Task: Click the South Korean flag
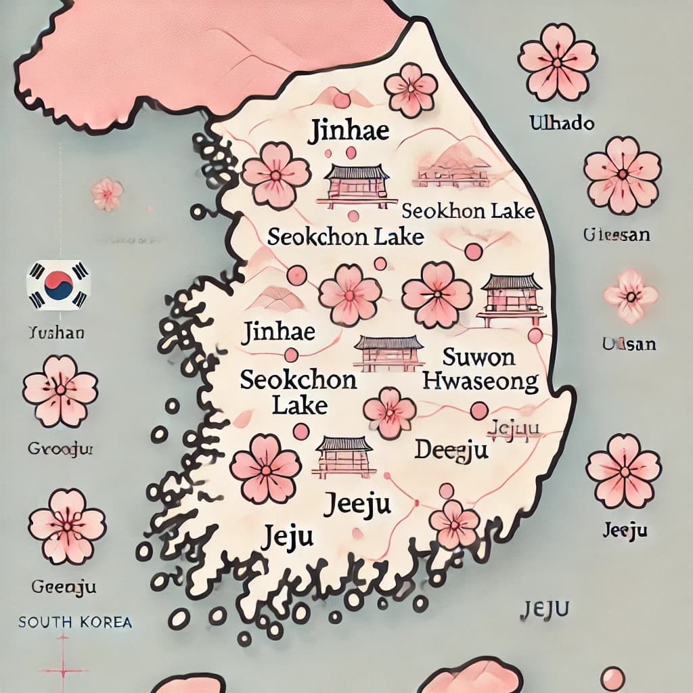pyautogui.click(x=58, y=286)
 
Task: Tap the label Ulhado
pyautogui.click(x=562, y=123)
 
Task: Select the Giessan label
pyautogui.click(x=616, y=235)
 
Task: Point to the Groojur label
pyautogui.click(x=61, y=448)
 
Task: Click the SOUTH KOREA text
pyautogui.click(x=75, y=622)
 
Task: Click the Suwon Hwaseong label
pyautogui.click(x=480, y=370)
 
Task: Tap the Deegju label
pyautogui.click(x=451, y=449)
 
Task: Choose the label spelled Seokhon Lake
pyautogui.click(x=468, y=211)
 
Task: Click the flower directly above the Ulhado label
pyautogui.click(x=558, y=62)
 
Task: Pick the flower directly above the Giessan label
pyautogui.click(x=622, y=175)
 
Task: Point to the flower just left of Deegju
pyautogui.click(x=389, y=413)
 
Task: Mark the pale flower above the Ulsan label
pyautogui.click(x=630, y=296)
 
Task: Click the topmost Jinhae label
pyautogui.click(x=349, y=130)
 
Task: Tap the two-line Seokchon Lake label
pyautogui.click(x=298, y=391)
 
